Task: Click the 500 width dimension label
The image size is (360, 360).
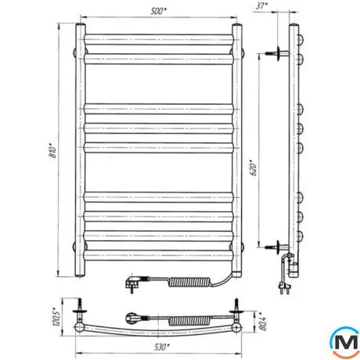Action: click(x=158, y=11)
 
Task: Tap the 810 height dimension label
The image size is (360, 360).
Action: click(x=52, y=150)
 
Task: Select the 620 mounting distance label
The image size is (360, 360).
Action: click(x=254, y=167)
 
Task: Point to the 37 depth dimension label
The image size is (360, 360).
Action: click(x=261, y=6)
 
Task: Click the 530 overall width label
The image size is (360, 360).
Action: click(x=162, y=347)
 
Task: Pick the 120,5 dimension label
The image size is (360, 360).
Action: click(x=56, y=316)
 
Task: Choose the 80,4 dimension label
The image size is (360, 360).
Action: click(x=263, y=322)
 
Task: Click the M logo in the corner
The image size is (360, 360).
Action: click(x=345, y=342)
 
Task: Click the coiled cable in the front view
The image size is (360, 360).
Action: click(x=190, y=283)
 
